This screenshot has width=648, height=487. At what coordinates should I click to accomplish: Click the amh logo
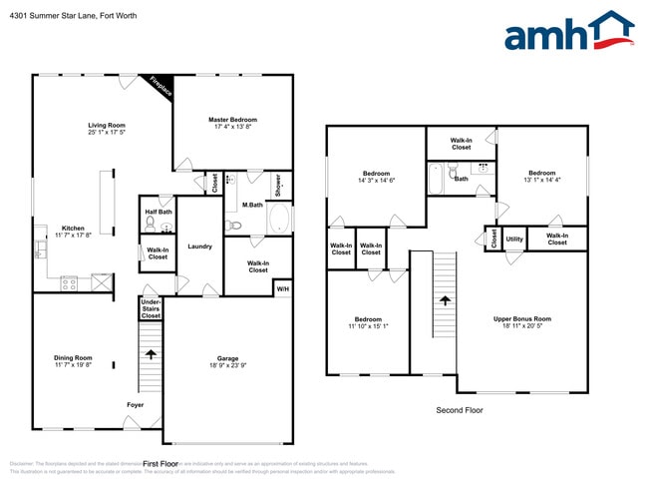[568, 32]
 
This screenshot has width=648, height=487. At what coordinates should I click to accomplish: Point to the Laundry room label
[198, 245]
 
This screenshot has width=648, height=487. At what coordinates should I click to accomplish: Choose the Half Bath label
[159, 212]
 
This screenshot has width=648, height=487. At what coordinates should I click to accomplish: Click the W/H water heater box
[283, 288]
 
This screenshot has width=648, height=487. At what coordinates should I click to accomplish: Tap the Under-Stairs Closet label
[151, 307]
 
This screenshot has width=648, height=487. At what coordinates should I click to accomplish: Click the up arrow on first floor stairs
[151, 352]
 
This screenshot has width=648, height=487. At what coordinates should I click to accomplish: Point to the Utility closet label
[514, 240]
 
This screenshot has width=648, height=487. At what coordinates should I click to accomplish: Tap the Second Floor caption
[459, 410]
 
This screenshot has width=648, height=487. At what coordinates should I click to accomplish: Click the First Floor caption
[160, 464]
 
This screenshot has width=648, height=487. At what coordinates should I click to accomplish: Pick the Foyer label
[135, 405]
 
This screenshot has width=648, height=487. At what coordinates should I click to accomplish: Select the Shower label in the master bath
[278, 186]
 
